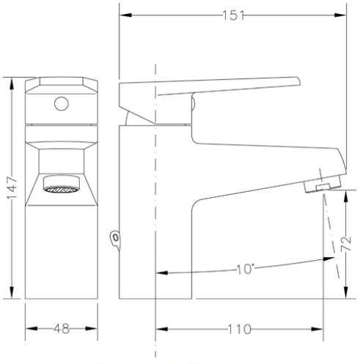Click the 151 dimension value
(x=233, y=15)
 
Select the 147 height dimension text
(x=12, y=187)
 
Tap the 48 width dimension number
(x=62, y=329)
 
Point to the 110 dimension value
(x=239, y=329)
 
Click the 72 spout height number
(x=346, y=244)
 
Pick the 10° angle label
(x=245, y=269)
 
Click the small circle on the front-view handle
(x=62, y=103)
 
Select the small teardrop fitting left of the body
(x=115, y=239)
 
